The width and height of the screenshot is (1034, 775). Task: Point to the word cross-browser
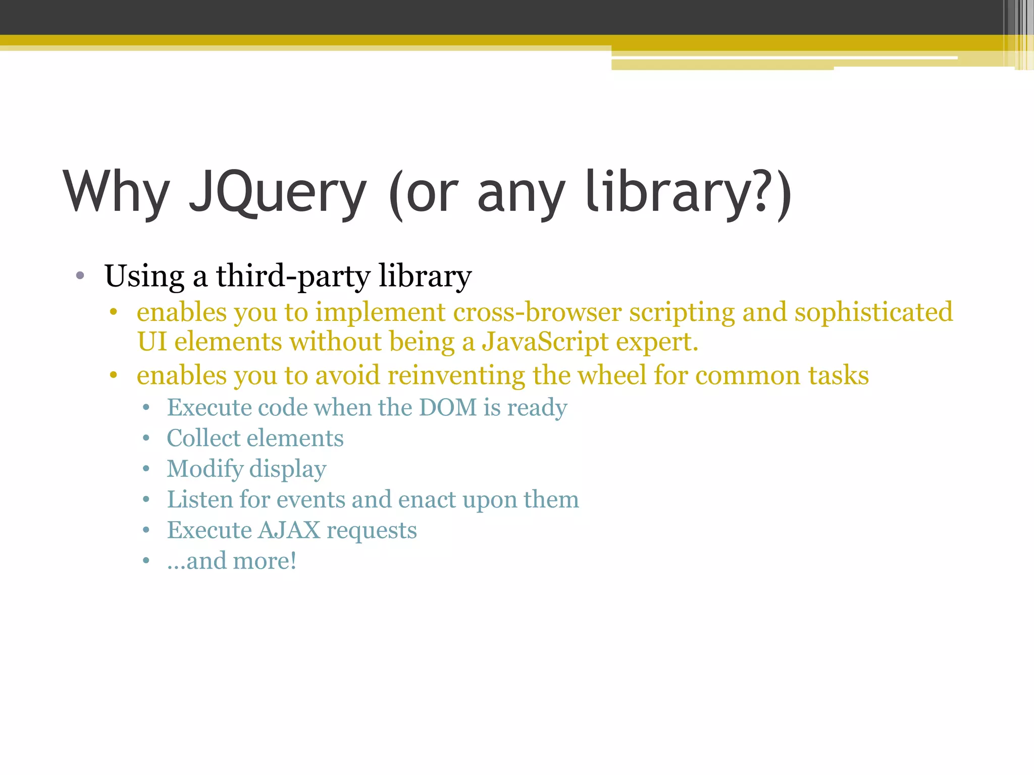coord(537,312)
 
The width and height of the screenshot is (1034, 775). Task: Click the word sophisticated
coord(873,312)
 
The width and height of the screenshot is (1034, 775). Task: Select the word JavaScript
coord(545,342)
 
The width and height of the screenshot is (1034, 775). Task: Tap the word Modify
coord(205,469)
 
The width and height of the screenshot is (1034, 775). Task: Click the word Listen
coord(200,500)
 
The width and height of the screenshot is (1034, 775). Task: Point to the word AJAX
coord(289,530)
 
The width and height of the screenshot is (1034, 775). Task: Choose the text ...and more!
coord(232,561)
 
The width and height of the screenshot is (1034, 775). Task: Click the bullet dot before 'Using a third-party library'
coord(80,276)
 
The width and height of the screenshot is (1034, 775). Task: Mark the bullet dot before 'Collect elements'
coord(146,438)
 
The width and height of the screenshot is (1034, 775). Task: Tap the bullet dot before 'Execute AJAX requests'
coord(146,530)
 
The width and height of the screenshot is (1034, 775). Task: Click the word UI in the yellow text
coord(151,342)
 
